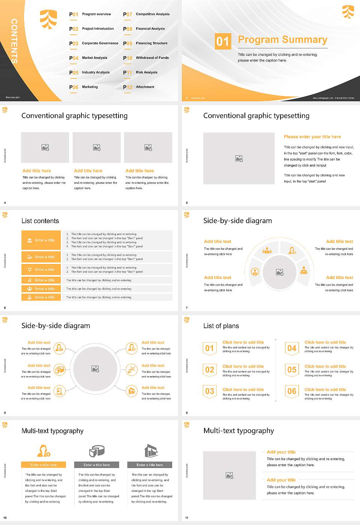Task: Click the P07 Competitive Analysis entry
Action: coord(147,14)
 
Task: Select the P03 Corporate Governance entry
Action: coord(94,43)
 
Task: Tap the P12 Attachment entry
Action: coord(139,87)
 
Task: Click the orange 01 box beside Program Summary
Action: coord(223,41)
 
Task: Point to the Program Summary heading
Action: coord(282,40)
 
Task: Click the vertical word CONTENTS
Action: coord(14,41)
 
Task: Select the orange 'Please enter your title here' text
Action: coord(312,137)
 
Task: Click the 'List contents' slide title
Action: coord(40,221)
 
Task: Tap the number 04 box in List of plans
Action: coord(292,348)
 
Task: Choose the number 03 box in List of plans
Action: coord(210,391)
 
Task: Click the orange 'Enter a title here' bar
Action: coord(43,465)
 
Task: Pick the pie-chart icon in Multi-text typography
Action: coord(97,451)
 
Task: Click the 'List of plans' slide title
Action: coord(221,326)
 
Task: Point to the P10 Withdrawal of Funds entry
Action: coord(146,58)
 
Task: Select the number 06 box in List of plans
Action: coord(292,391)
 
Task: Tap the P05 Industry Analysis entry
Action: coord(90,72)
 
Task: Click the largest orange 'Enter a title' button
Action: coord(41,240)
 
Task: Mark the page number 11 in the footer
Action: coord(187,518)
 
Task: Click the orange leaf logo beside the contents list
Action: coord(48,19)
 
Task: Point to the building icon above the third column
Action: coord(151,451)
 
